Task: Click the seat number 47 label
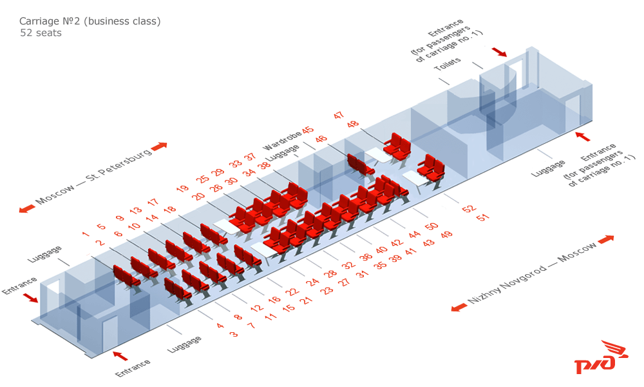coord(339,115)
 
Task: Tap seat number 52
coord(468,209)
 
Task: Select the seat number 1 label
coord(85,234)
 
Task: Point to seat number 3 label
coord(233,334)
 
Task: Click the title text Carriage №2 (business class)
coord(90,21)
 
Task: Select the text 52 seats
coord(41,33)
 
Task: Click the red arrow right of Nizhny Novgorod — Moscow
coord(606,239)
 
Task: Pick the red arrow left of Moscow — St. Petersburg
coord(26,208)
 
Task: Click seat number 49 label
coord(446,234)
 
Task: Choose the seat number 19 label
coord(183,189)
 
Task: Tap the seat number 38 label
coord(264,164)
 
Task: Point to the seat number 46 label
coord(321,139)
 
